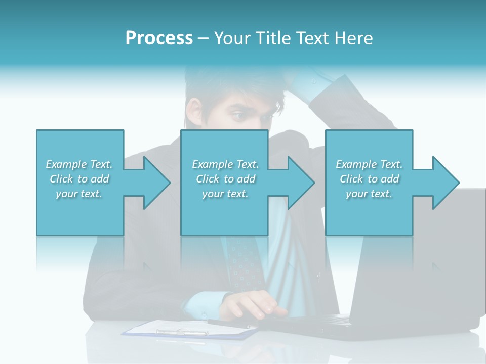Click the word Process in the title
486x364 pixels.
coord(159,38)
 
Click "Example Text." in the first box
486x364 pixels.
coord(79,164)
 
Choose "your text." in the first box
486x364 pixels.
coord(79,194)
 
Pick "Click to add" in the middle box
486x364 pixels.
coord(225,179)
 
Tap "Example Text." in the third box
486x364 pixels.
coord(369,164)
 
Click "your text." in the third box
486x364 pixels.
coord(369,194)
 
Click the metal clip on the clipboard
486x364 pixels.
coord(182,332)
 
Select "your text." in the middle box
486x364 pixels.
coord(225,194)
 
